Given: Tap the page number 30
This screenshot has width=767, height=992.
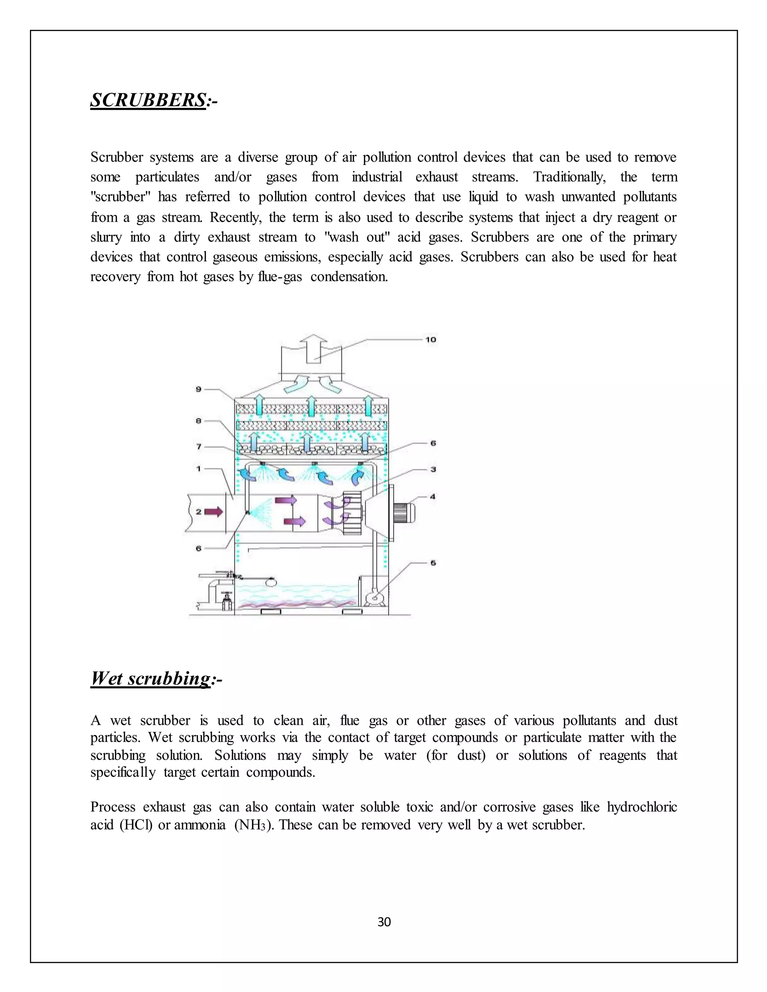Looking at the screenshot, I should click(384, 922).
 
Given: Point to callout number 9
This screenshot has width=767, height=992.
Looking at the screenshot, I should click(198, 389).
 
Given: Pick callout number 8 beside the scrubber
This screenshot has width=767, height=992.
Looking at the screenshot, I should click(198, 421).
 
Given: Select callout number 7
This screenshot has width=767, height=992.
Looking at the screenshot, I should click(198, 447).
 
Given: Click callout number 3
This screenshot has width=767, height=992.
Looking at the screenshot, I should click(433, 469).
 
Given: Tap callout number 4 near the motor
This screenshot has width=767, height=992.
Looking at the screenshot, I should click(433, 497).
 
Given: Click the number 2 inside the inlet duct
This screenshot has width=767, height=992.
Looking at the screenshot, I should click(198, 512).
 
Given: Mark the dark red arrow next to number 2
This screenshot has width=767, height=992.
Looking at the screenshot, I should click(213, 512).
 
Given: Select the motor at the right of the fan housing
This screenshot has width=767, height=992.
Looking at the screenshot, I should click(403, 513).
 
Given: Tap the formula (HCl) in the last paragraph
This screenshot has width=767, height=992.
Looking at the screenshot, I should click(136, 825).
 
